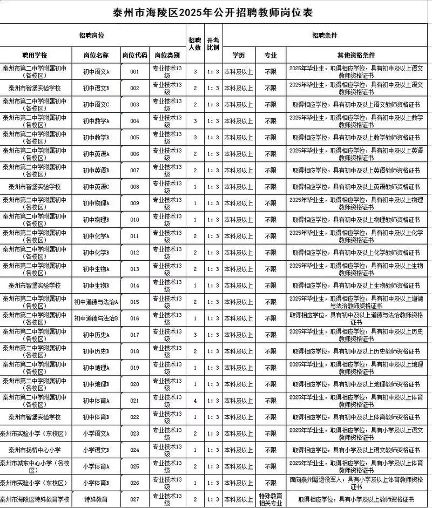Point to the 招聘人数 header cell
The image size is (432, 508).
(x=195, y=44)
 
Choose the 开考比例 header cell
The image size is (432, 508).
(x=213, y=44)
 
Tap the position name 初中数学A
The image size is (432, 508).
(x=96, y=121)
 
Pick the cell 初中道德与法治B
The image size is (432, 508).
(x=96, y=319)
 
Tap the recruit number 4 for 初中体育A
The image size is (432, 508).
(x=195, y=401)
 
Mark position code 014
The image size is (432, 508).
(x=135, y=286)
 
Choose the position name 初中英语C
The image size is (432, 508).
(x=96, y=187)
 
